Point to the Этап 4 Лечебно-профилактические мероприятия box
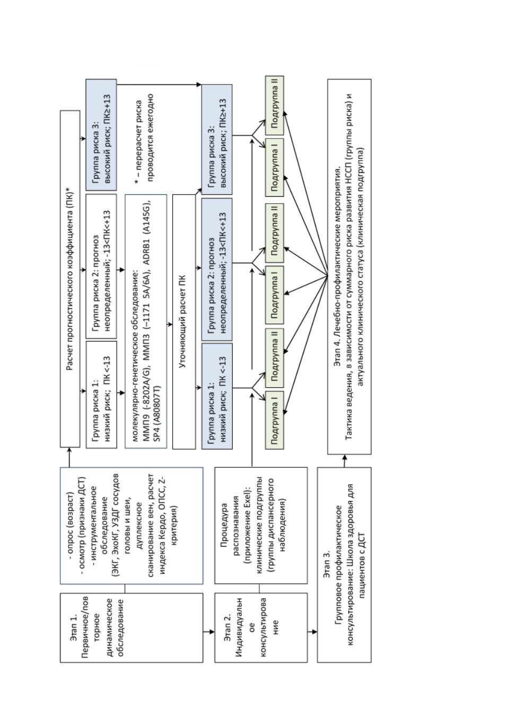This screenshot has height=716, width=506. coord(350,267)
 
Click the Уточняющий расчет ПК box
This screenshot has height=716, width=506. coord(184,321)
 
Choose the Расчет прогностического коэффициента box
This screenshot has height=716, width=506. coord(70,279)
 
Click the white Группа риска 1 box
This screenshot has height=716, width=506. coord(101,395)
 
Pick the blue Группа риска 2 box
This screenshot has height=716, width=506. coord(217,269)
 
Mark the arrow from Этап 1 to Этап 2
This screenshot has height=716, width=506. coord(209,632)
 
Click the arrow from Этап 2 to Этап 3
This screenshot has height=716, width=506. coord(312,632)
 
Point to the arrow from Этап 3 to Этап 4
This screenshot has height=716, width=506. coord(344,460)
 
